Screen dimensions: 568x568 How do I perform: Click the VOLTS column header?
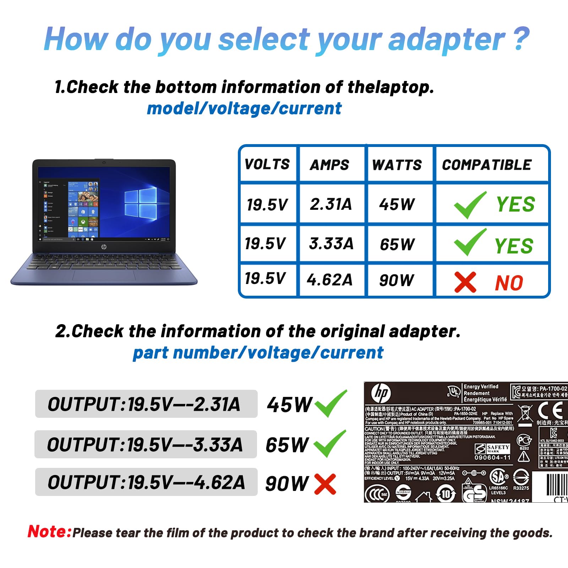267,164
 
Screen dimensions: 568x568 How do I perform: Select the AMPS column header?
329,165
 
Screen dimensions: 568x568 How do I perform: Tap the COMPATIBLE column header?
487,165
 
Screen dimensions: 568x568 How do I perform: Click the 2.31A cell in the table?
331,204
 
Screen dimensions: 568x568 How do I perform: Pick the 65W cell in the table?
397,244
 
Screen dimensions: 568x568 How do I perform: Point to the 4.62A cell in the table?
330,280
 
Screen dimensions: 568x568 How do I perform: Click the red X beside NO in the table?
465,283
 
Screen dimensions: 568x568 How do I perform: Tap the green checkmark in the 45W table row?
470,205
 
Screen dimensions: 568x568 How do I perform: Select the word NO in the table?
509,283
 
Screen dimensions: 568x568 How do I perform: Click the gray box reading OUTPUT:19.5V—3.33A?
146,444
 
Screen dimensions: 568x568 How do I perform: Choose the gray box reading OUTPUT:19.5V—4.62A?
146,482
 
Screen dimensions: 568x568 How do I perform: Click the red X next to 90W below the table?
325,484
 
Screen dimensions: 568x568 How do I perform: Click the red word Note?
50,532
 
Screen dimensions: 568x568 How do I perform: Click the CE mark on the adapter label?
550,411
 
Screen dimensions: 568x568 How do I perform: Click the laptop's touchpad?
104,275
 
